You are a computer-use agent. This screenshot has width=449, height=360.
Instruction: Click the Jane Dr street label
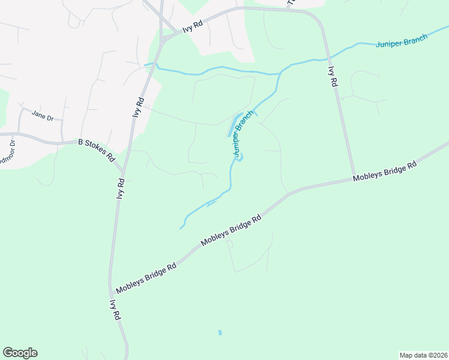[x=43, y=115]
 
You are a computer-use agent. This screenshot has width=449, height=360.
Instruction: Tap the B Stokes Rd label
[x=97, y=150]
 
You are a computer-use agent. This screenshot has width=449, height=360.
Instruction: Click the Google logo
[x=20, y=353]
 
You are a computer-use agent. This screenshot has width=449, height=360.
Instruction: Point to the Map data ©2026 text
[x=423, y=355]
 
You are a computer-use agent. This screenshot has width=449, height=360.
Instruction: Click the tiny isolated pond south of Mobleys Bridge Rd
[x=220, y=332]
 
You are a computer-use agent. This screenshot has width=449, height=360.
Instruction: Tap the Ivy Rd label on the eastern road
[x=332, y=77]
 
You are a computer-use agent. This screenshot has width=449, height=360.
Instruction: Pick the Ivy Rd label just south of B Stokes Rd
[x=121, y=188]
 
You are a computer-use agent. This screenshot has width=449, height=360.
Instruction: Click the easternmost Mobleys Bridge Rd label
[x=384, y=172]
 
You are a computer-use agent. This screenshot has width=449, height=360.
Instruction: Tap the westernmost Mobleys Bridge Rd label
[x=146, y=278]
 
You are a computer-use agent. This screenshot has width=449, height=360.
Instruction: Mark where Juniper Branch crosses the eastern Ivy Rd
[x=328, y=58]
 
